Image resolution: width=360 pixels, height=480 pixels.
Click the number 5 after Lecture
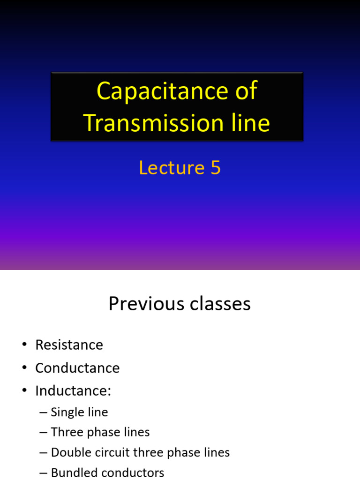point(215,168)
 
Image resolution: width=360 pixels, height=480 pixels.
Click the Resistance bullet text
point(69,345)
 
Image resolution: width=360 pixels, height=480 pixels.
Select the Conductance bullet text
point(77,368)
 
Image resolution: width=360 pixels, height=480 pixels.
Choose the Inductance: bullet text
point(73,391)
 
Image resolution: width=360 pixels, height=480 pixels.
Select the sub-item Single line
point(79,412)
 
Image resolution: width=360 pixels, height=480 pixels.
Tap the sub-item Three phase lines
point(100,432)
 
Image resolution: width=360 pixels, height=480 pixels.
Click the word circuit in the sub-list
point(112,452)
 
